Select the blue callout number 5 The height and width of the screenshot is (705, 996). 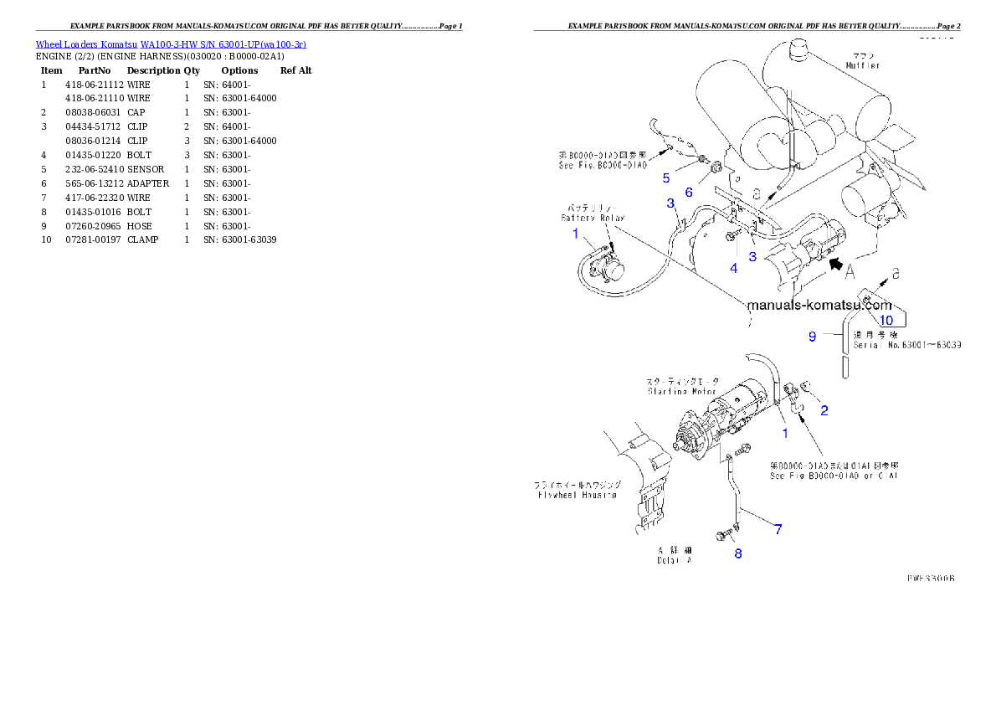tap(666, 178)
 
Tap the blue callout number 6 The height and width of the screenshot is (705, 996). tap(689, 192)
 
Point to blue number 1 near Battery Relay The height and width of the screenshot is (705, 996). tap(575, 234)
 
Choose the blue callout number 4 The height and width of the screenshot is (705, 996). tap(734, 269)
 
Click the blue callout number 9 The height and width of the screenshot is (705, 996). tap(811, 337)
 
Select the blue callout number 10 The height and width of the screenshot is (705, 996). tap(886, 320)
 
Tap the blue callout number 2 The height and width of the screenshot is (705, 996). tap(824, 410)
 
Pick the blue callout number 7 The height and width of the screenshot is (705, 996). tap(778, 529)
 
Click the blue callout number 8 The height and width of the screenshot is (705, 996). tap(737, 553)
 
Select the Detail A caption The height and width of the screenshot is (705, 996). tap(674, 556)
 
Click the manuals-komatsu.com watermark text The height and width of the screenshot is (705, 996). tap(819, 306)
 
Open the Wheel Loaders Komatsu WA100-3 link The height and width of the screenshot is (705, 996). tap(171, 44)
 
